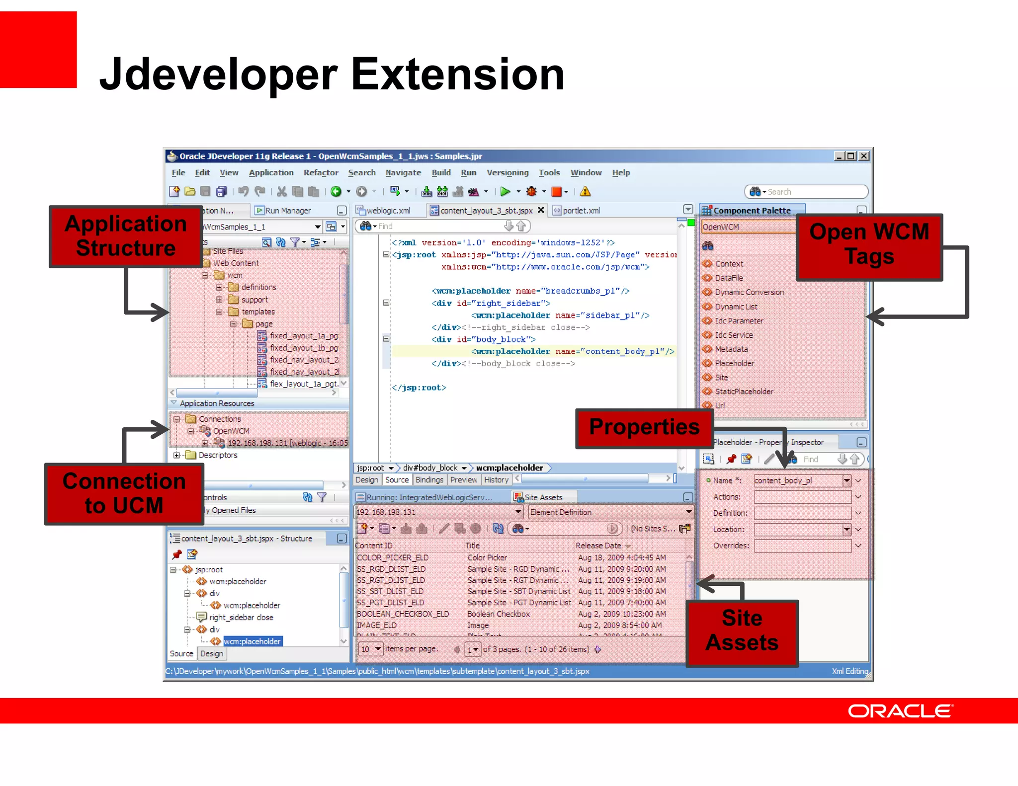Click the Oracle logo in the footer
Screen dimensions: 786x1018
[900, 711]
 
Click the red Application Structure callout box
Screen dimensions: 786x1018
[126, 236]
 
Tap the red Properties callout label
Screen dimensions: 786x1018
[644, 428]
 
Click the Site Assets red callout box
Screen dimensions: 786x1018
[742, 631]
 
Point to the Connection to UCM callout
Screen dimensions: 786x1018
[124, 493]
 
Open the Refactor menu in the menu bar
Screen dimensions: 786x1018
[321, 172]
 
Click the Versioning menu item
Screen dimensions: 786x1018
[507, 172]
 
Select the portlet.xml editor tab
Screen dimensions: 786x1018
[581, 210]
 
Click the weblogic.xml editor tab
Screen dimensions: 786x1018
[388, 210]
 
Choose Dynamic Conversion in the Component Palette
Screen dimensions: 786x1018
[749, 292]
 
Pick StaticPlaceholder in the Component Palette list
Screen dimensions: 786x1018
[744, 392]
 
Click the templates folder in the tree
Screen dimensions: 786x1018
[258, 312]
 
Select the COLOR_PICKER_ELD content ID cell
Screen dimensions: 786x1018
[393, 557]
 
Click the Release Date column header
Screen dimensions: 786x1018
[598, 546]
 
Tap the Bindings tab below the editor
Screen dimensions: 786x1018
[429, 479]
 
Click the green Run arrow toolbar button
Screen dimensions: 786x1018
[505, 191]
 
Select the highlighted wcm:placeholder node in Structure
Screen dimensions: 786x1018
[252, 641]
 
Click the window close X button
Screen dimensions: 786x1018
[864, 156]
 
